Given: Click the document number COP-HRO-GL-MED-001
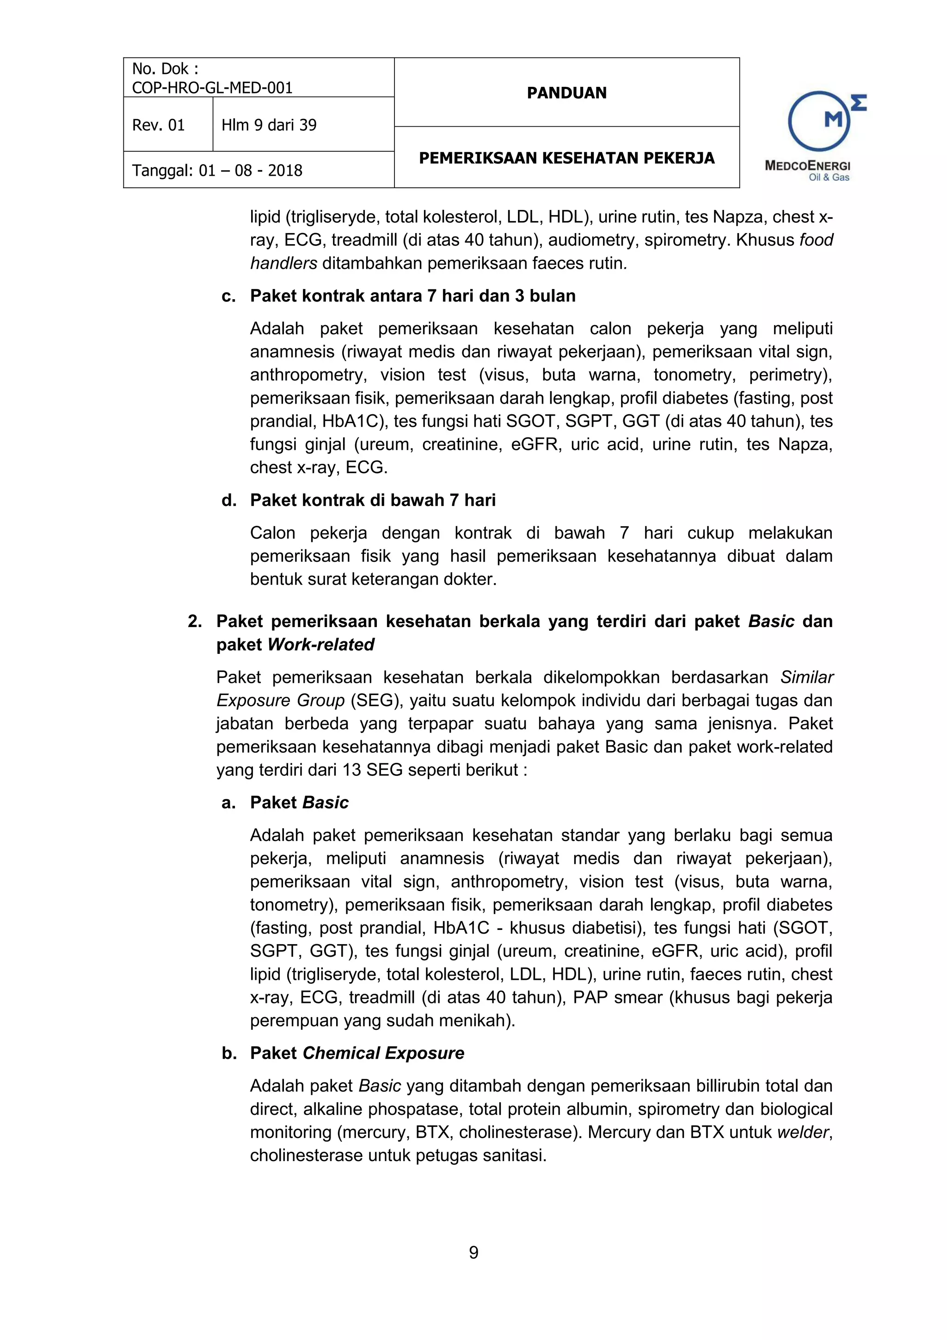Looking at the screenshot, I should pos(212,87).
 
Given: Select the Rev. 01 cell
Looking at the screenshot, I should pos(158,125).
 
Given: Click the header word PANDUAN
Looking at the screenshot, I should pos(566,93).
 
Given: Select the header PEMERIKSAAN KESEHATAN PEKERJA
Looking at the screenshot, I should pos(566,158).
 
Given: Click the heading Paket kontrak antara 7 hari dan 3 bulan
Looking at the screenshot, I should pos(412,296).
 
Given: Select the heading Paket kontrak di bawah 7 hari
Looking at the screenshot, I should pos(373,500).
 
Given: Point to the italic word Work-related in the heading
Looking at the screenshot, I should pos(321,644).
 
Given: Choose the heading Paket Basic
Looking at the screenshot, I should pos(299,803).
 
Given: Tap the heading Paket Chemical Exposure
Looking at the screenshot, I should pos(357,1053).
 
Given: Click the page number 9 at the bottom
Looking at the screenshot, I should pos(473,1253).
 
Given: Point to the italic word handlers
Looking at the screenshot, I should pos(283,263).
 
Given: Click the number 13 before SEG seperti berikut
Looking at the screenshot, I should pos(352,770).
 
